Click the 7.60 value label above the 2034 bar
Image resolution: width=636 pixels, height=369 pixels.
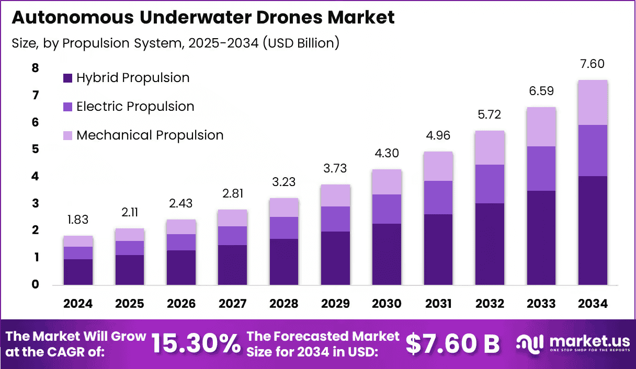pos(592,64)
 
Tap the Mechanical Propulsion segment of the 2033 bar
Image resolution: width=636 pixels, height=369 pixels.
pos(541,126)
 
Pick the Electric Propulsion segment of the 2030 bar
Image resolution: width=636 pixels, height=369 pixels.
pos(387,209)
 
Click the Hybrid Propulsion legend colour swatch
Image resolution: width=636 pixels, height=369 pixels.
pos(67,78)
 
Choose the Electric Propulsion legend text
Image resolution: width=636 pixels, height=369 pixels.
pos(135,107)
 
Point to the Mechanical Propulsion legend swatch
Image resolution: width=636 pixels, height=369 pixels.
pos(67,135)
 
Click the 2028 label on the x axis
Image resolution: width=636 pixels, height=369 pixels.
pos(284,304)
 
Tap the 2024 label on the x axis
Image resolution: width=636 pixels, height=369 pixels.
pos(78,304)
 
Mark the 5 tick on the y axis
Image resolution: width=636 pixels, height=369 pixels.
pos(35,149)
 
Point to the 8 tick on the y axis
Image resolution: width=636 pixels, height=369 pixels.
pos(35,68)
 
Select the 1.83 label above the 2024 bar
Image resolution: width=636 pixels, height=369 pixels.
pos(78,220)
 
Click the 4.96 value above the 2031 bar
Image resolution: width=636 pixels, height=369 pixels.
pos(438,136)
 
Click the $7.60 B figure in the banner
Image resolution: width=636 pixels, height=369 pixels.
pos(452,344)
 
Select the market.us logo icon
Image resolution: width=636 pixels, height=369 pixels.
pos(529,343)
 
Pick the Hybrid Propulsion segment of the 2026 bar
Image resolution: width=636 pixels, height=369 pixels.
pos(181,268)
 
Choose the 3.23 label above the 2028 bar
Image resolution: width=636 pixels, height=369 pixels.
pos(284,182)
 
